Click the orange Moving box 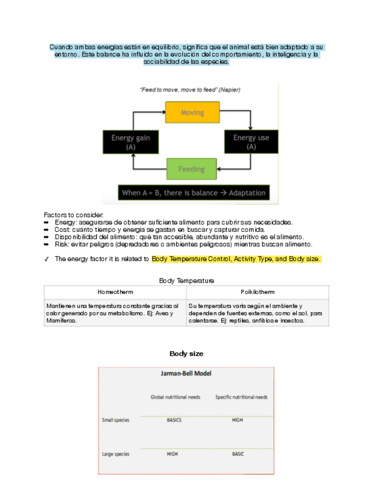[192, 113]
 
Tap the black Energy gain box [130, 142]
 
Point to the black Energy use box [251, 142]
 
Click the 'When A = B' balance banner [194, 193]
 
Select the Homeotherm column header [115, 292]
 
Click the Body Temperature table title [186, 281]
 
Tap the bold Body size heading [186, 354]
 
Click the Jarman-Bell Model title [186, 374]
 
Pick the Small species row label [116, 420]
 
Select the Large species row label [116, 454]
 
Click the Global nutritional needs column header [175, 397]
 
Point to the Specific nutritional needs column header [241, 397]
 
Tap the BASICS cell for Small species [174, 420]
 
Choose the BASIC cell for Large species [237, 454]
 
